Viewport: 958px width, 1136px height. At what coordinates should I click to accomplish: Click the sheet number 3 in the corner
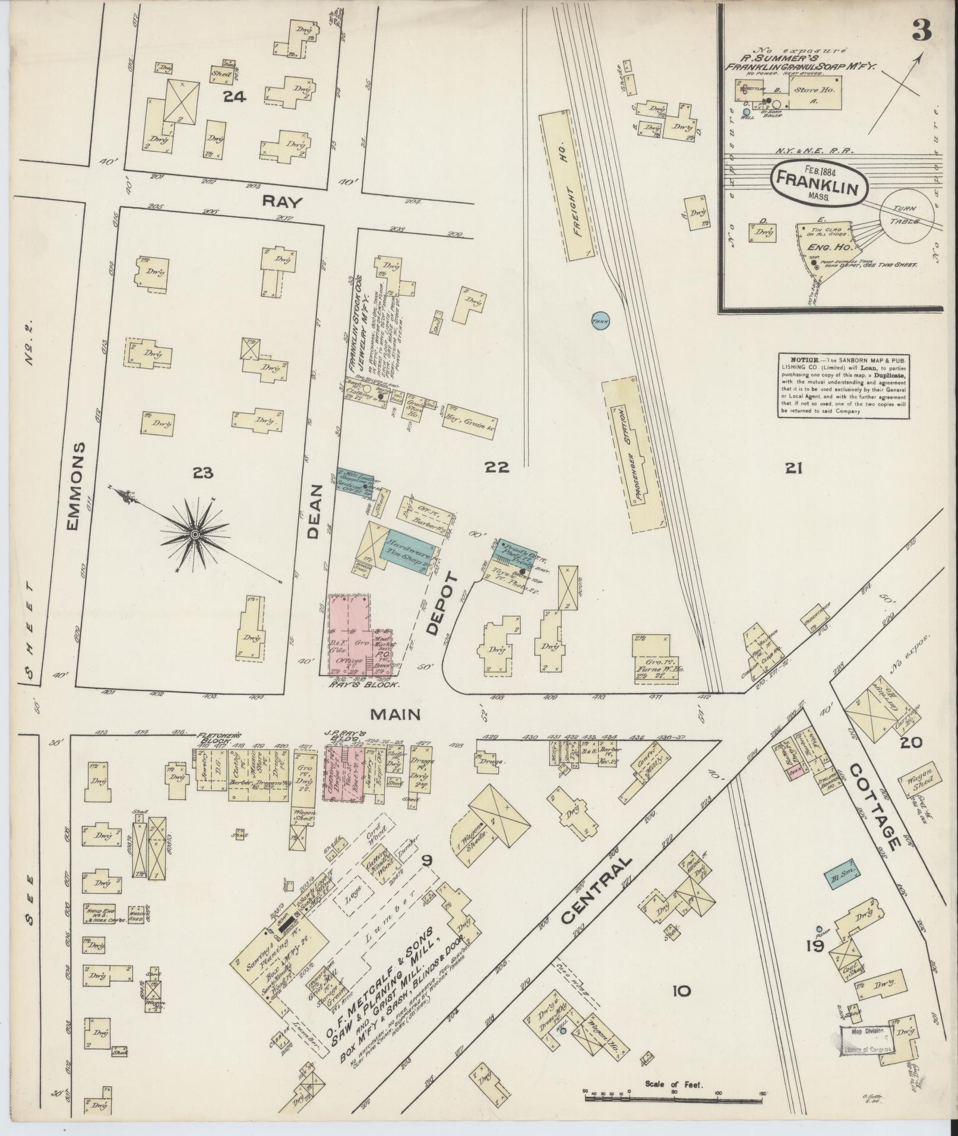[921, 30]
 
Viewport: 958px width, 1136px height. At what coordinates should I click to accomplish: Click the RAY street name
[283, 202]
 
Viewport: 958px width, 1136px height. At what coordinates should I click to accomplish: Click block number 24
[235, 96]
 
